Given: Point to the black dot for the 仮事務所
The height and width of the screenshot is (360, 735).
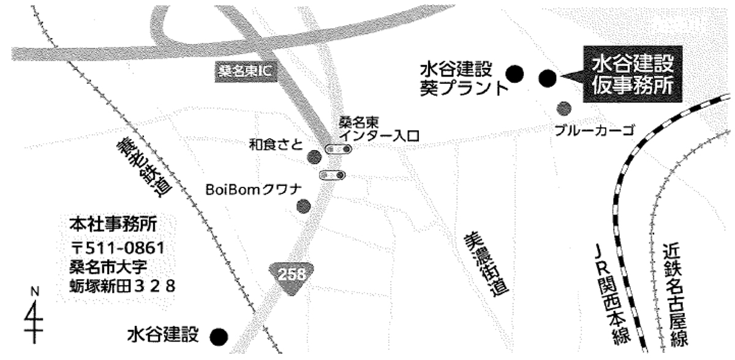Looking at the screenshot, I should coord(547,78).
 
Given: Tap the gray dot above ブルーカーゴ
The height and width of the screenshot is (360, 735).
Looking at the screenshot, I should coord(563,108).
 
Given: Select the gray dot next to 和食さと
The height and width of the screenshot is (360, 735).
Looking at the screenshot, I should coord(314,156).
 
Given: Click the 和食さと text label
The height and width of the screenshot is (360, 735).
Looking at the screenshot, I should coord(276,145).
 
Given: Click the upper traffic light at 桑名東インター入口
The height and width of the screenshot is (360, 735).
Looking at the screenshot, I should coord(338,149).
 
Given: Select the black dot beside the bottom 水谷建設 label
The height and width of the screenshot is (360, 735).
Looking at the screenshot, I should coord(218,336).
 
